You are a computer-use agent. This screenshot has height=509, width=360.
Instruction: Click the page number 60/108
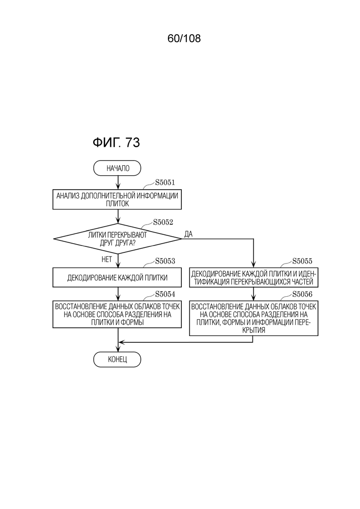click(x=184, y=38)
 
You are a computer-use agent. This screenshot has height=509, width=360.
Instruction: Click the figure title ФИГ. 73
click(x=116, y=142)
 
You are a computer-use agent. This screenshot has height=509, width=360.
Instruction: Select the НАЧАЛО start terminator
click(x=117, y=168)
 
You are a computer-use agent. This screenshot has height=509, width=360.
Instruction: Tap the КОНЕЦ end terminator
click(x=117, y=359)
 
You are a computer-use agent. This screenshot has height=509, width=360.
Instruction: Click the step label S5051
click(x=165, y=182)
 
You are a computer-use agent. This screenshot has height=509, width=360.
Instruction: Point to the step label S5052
click(x=163, y=222)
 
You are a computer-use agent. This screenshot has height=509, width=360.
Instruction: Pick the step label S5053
click(x=165, y=261)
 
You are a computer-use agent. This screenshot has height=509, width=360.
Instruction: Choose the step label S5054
click(x=165, y=294)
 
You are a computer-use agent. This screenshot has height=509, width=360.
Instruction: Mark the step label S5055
click(x=302, y=261)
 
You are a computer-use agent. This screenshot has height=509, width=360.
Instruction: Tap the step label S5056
click(x=302, y=294)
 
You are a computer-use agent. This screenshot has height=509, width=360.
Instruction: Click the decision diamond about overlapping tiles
click(x=117, y=239)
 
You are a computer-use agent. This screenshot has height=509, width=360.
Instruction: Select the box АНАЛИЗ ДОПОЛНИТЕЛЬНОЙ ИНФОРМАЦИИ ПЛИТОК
click(x=117, y=200)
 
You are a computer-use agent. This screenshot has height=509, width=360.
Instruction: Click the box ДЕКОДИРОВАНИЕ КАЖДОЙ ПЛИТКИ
click(x=117, y=277)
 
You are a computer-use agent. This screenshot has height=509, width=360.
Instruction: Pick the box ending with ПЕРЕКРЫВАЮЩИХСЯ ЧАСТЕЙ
click(x=253, y=277)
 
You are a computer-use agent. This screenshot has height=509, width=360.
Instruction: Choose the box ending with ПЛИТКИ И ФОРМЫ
click(x=117, y=314)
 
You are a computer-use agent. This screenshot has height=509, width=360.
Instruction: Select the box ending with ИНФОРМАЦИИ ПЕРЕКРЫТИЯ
click(x=253, y=318)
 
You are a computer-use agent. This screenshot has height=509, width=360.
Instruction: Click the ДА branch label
click(x=188, y=234)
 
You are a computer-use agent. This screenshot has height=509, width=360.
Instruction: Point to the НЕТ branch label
click(x=107, y=259)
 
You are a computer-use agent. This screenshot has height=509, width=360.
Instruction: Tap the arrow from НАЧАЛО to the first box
click(x=118, y=183)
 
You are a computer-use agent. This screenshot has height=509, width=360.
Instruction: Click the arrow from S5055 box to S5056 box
click(x=253, y=294)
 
